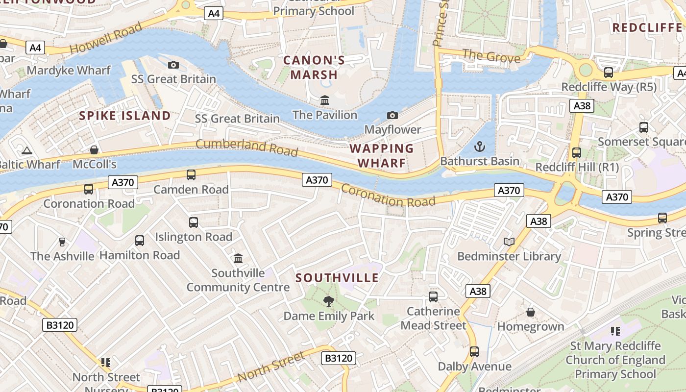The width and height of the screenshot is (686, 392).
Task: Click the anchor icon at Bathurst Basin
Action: point(480,147)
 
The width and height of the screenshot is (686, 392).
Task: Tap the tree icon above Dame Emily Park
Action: point(329,301)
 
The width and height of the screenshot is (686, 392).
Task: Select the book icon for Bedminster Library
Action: point(509,242)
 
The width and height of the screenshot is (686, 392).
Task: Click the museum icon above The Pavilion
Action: point(324,100)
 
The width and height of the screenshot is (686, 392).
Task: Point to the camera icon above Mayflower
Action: point(392,115)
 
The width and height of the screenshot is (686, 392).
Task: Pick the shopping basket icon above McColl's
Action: point(94,149)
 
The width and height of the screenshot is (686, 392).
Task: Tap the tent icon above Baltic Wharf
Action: point(27,150)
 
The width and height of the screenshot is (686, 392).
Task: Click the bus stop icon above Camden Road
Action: point(191,175)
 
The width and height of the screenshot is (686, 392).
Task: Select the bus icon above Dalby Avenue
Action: point(474,352)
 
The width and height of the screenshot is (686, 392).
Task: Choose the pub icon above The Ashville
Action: point(62,242)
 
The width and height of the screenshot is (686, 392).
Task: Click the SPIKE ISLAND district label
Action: point(125,116)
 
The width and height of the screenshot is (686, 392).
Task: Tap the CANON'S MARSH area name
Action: point(314,68)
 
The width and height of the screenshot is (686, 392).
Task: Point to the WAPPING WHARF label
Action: point(382,155)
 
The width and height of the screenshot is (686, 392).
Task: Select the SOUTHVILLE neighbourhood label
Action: point(337,278)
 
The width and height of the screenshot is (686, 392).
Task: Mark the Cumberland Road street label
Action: point(246,147)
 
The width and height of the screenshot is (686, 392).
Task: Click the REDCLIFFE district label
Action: point(647,27)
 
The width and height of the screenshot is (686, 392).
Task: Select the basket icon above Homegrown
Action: point(531,312)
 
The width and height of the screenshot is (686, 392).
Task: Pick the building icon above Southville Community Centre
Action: point(238,258)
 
